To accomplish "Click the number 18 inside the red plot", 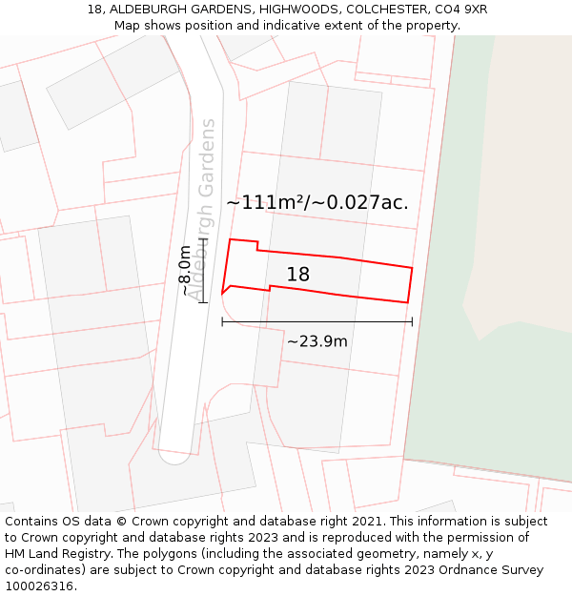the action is tap(297, 275).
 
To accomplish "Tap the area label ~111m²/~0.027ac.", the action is tap(317, 202).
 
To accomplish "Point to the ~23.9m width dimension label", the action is tap(317, 341).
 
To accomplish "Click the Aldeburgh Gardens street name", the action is tap(203, 209).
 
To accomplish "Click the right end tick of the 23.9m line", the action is tap(412, 321).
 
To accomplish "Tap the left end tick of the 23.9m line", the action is tap(222, 321).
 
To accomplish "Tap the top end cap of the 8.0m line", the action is tap(203, 238).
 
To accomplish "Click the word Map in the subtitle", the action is tap(127, 25).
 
